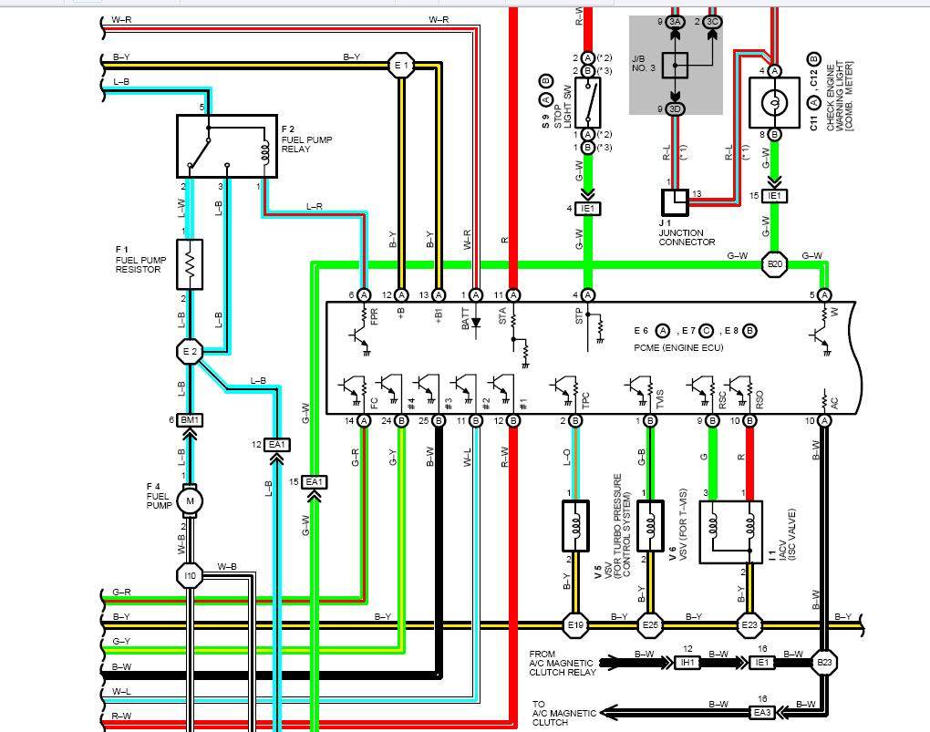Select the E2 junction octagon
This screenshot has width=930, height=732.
(190, 350)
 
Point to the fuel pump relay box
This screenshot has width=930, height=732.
(226, 145)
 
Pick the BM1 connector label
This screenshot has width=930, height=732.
(190, 419)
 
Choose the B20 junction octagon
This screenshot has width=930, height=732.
(774, 265)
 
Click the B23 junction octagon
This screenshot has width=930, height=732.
(824, 663)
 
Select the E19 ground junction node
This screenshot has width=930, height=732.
(575, 625)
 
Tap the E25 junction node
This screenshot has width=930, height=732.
(650, 625)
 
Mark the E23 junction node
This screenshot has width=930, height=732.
(749, 625)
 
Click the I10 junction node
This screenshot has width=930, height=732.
(190, 575)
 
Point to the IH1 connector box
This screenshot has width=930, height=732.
(686, 663)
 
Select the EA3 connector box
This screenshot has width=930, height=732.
(763, 712)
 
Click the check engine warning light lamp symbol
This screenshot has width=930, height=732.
(774, 101)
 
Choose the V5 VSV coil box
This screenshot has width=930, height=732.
(575, 525)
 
